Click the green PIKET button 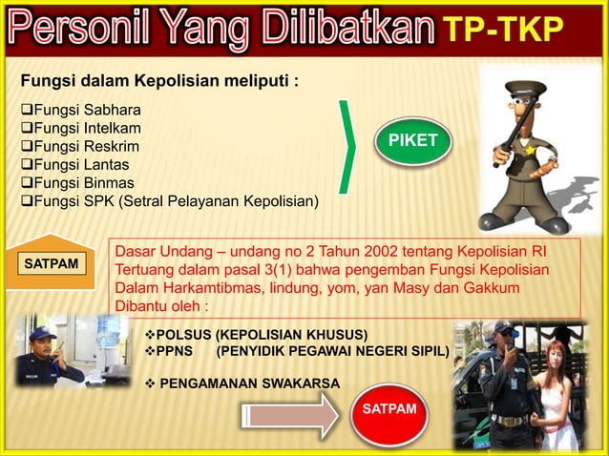(413, 142)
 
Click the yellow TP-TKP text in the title (503, 30)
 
